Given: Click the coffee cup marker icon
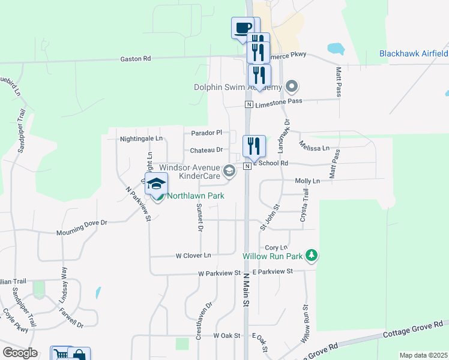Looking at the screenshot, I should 243,28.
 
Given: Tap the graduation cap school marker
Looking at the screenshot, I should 156,184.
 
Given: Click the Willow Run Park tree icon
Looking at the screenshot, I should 311,256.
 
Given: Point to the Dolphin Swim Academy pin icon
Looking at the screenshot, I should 292,87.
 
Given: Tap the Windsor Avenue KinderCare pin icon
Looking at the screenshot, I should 229,172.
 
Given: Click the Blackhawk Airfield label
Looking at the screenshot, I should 413,53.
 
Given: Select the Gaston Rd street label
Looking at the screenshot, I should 135,59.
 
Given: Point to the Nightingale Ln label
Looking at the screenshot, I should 142,138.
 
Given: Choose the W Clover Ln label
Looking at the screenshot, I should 193,255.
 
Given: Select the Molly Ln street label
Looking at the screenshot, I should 307,181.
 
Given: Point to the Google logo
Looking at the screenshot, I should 20,352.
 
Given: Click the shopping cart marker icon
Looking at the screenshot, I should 60,354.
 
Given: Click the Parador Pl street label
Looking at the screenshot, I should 206,133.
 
